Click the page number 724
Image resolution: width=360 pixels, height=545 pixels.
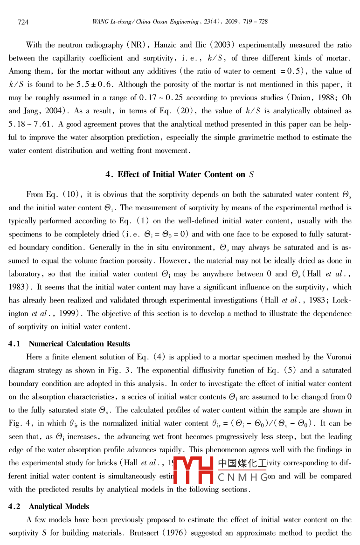[23, 22]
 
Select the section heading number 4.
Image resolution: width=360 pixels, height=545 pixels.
[109, 174]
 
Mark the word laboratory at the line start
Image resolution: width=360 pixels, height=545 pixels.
[24, 274]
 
